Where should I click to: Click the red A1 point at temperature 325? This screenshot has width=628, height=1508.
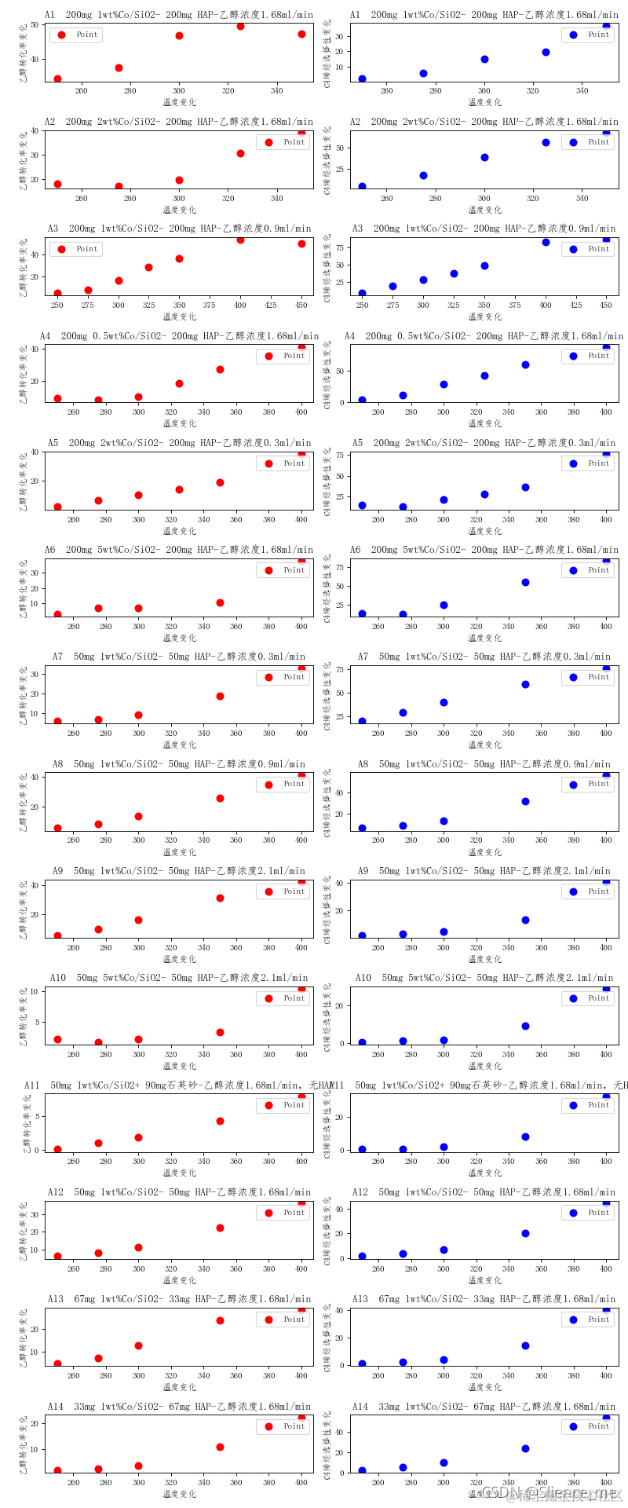(x=240, y=26)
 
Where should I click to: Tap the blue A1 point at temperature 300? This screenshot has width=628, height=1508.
(x=484, y=59)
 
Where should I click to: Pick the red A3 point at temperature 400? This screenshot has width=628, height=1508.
(x=240, y=240)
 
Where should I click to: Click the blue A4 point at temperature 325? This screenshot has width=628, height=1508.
(x=484, y=375)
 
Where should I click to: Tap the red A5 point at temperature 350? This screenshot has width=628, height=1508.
(x=220, y=482)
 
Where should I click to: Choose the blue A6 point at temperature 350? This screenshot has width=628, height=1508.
(x=525, y=582)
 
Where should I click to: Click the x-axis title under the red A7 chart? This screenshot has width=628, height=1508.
(x=179, y=745)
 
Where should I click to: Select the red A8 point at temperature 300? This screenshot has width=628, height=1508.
(x=138, y=816)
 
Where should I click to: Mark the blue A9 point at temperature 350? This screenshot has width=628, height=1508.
(x=525, y=920)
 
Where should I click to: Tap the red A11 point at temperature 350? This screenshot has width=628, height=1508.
(x=220, y=1121)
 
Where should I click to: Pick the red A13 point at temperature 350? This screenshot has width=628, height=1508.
(x=220, y=1320)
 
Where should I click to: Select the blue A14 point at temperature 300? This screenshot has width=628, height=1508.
(x=444, y=1462)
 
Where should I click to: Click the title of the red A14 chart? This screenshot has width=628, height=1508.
(x=179, y=1406)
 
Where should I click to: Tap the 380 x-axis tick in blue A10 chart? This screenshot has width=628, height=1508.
(x=574, y=1055)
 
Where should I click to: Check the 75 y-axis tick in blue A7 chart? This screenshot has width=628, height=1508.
(x=341, y=668)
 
